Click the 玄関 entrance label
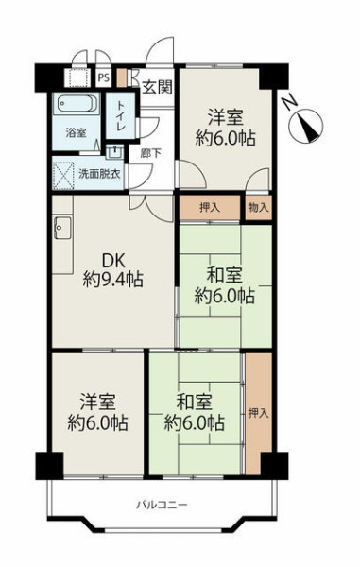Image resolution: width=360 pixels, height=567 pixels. point(157,87)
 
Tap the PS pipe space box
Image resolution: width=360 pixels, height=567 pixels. point(104,77)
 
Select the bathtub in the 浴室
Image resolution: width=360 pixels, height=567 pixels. point(77,104)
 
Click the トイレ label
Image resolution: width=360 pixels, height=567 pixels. point(120,115)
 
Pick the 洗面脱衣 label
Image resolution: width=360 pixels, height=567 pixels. point(99,174)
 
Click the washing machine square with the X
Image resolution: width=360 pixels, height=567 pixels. point(63,176)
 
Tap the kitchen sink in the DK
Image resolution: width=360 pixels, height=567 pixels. point(63,228)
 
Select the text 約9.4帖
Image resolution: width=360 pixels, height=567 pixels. point(112,280)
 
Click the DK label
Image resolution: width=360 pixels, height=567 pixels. point(113,261)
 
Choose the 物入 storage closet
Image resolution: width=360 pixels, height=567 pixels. point(259,208)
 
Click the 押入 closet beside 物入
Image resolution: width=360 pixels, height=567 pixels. point(210,208)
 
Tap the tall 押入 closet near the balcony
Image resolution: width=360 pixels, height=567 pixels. point(259,413)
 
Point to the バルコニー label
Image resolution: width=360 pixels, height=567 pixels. point(162,505)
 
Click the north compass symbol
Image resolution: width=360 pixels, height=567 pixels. point(306,127)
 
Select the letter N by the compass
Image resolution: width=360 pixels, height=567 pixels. point(290,101)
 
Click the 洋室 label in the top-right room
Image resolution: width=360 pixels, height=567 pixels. point(225,117)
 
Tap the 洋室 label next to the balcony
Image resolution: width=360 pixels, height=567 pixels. point(97,403)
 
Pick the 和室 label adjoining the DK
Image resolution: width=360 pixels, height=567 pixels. point(224,277)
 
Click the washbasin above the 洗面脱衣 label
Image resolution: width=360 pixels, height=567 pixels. point(115,152)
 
